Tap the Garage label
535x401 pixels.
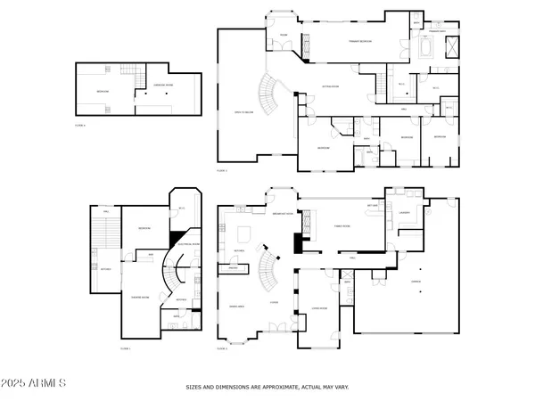click(x=416, y=279)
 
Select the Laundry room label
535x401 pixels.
click(x=404, y=213)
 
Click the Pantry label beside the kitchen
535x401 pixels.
click(x=238, y=268)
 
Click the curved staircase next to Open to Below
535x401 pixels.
click(x=267, y=90)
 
